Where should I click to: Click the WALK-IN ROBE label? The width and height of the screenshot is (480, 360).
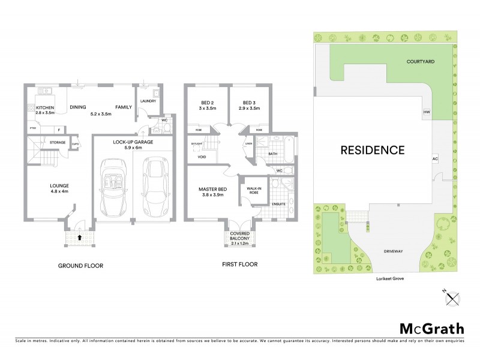coord(249,191)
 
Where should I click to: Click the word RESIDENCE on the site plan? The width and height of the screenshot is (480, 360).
coord(372,149)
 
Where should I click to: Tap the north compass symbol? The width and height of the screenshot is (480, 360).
coord(453,295)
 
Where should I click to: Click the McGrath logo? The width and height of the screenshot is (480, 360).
coord(431,328)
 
